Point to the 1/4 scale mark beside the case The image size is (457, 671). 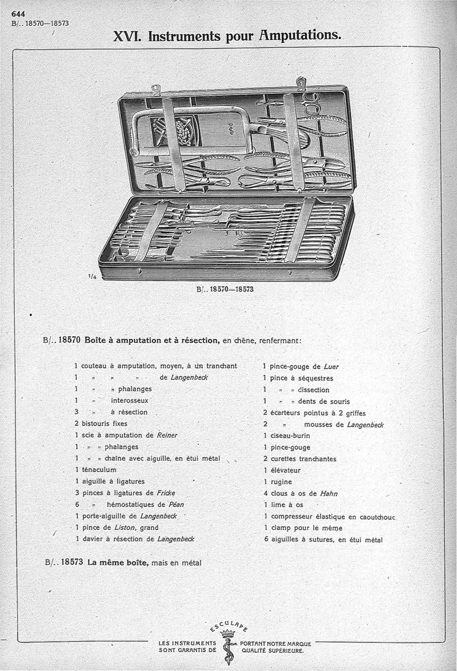(92, 275)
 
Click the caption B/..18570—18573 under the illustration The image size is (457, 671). (225, 289)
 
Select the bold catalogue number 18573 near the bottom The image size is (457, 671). (73, 562)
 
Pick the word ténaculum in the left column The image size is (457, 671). (98, 469)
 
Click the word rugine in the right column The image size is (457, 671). (281, 481)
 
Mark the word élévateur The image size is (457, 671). (285, 470)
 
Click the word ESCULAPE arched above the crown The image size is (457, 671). (228, 625)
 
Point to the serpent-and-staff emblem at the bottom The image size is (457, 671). (228, 649)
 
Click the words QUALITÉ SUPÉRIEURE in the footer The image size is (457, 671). (272, 650)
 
